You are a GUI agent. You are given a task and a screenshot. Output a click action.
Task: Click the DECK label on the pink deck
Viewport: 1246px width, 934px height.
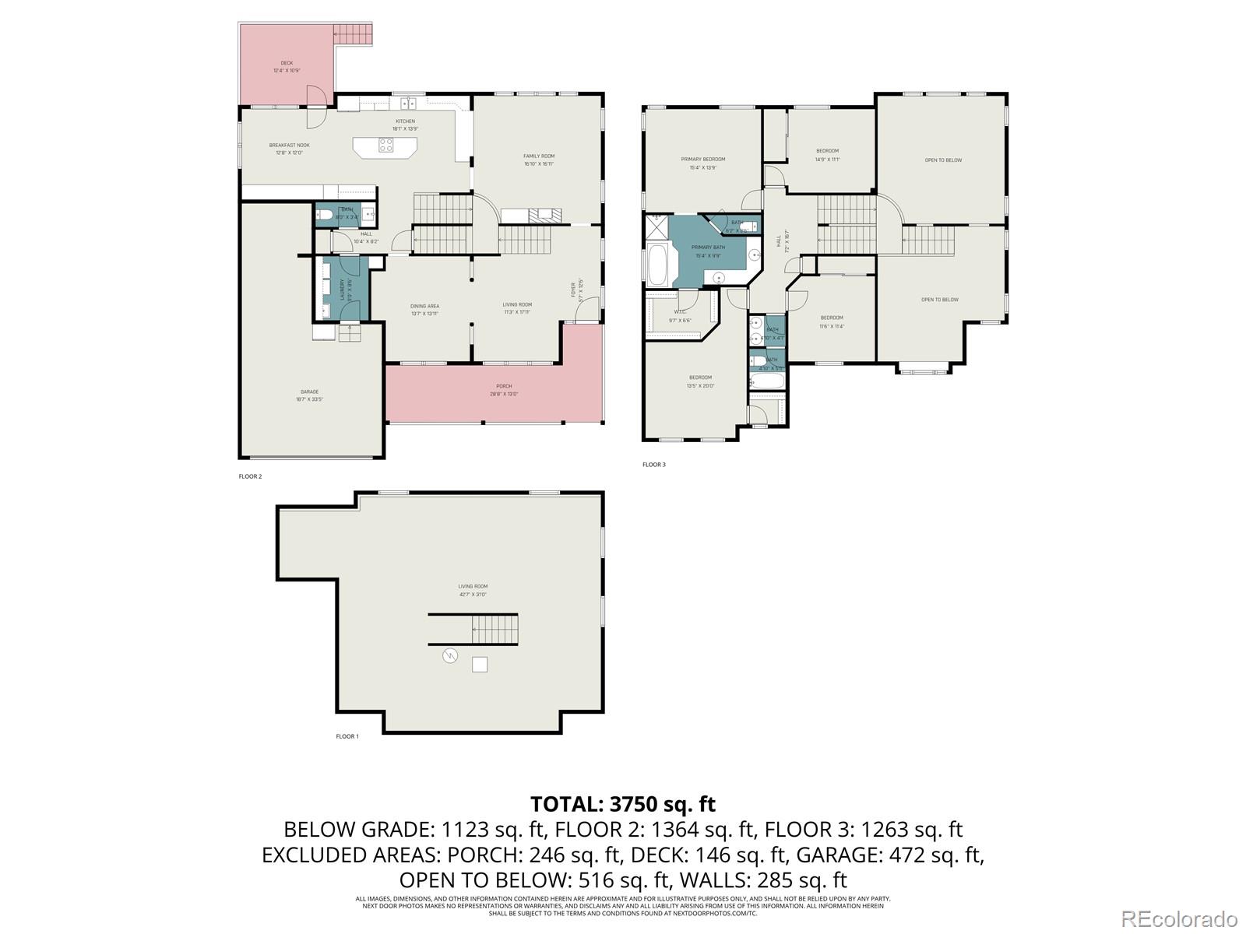click(287, 63)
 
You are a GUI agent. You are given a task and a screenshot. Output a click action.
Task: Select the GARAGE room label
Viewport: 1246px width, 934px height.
click(309, 392)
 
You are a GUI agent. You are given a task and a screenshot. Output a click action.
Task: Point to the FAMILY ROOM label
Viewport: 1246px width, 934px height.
click(538, 156)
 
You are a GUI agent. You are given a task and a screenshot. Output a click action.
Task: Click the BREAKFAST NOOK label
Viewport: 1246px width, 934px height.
click(289, 146)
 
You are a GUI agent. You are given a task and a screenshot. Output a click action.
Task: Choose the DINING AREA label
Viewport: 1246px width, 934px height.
click(424, 306)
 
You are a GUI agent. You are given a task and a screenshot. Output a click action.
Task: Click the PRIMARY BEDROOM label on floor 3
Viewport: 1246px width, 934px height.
click(702, 160)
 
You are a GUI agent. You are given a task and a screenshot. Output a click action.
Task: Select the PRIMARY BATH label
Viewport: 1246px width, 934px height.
click(707, 247)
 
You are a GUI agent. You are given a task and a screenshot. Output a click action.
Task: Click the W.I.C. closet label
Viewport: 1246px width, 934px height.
click(679, 313)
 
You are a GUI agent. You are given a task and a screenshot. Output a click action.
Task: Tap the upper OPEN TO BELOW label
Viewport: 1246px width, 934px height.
click(942, 160)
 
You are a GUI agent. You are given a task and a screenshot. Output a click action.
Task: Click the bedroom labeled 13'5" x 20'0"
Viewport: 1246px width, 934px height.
click(699, 377)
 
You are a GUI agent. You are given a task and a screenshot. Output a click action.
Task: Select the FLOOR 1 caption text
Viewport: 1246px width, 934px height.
click(347, 736)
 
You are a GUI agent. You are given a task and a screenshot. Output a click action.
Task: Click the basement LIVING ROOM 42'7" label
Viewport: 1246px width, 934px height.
click(472, 587)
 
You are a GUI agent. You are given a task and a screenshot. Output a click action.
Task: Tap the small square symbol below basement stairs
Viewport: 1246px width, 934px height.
click(480, 664)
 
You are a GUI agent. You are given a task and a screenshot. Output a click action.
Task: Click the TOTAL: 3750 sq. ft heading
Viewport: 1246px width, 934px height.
click(622, 803)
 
